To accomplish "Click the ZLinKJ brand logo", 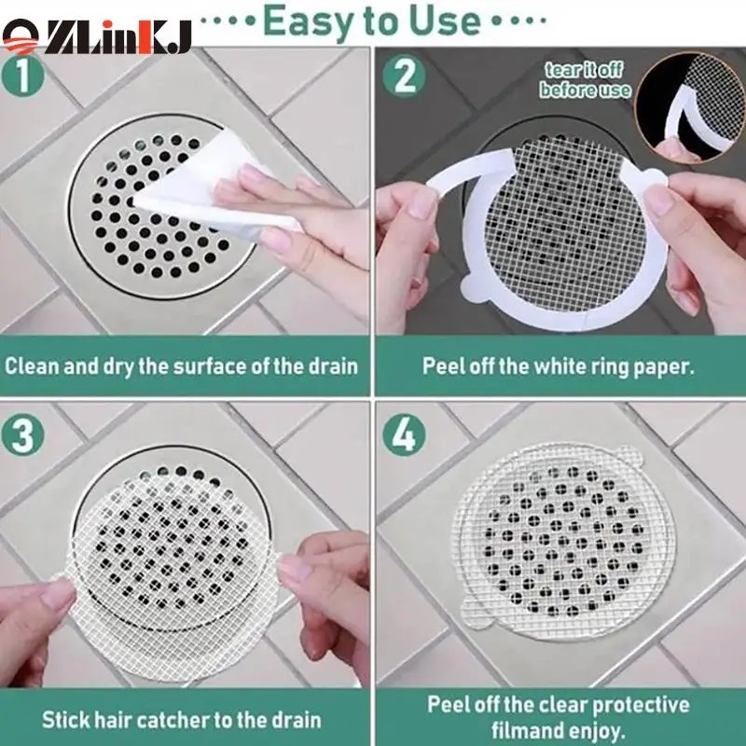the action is pyautogui.click(x=97, y=36).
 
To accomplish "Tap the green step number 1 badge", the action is pyautogui.click(x=22, y=76).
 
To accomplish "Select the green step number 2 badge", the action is pyautogui.click(x=404, y=76).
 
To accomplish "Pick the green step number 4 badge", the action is pyautogui.click(x=404, y=435).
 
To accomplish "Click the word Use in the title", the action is pyautogui.click(x=444, y=21).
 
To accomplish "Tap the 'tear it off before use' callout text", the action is pyautogui.click(x=585, y=80).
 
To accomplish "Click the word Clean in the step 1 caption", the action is pyautogui.click(x=32, y=366).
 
